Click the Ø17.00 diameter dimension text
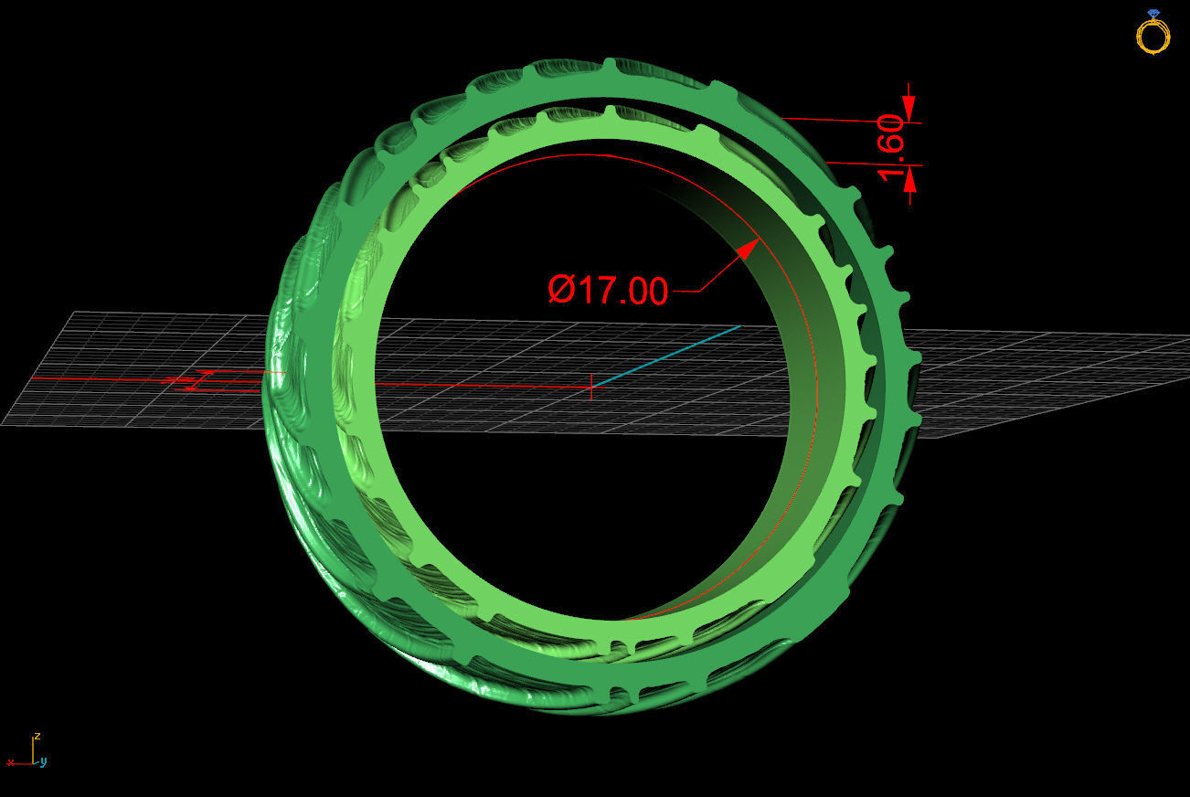[x=608, y=291]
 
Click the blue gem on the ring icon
[x=1153, y=14]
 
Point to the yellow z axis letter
[x=37, y=736]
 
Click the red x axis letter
[x=10, y=761]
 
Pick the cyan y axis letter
[x=44, y=761]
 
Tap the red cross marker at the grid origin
[x=591, y=386]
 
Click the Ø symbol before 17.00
[x=559, y=291]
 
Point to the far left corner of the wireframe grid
[x=5, y=424]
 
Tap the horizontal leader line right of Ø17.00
[x=685, y=292]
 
